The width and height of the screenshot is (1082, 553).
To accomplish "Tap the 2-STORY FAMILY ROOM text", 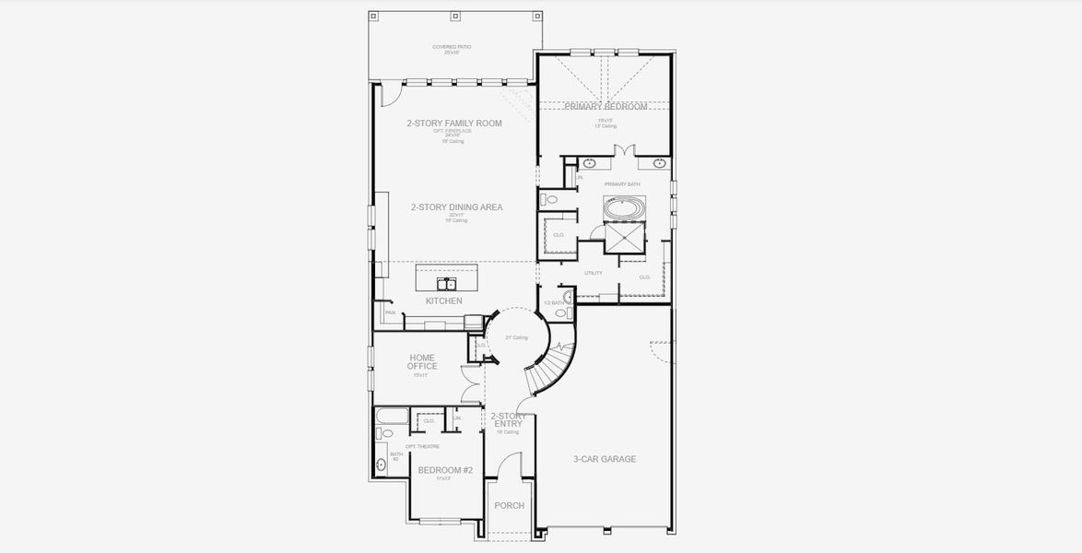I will click(x=454, y=124).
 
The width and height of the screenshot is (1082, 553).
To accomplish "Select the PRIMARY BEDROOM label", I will click(x=606, y=107).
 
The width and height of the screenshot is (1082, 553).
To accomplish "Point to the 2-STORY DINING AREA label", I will click(x=456, y=207).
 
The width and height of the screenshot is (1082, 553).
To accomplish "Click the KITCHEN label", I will click(x=443, y=301).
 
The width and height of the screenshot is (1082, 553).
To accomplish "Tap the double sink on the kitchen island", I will click(x=447, y=282).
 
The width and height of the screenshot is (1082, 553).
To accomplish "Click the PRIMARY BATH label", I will click(x=621, y=184).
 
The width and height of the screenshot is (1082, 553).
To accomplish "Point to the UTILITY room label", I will click(x=594, y=273).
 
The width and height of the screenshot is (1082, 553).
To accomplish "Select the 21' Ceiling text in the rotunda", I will click(x=516, y=338).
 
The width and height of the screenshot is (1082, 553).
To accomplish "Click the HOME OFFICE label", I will click(x=422, y=362).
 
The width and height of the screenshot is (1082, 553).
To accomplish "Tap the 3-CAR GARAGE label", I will click(x=605, y=459).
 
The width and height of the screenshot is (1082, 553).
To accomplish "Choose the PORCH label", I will click(x=509, y=505).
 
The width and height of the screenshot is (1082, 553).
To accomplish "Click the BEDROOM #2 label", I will click(x=445, y=470).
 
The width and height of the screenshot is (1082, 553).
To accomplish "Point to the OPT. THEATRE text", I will click(x=423, y=446).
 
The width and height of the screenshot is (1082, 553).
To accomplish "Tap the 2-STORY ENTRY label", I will click(x=508, y=419).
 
